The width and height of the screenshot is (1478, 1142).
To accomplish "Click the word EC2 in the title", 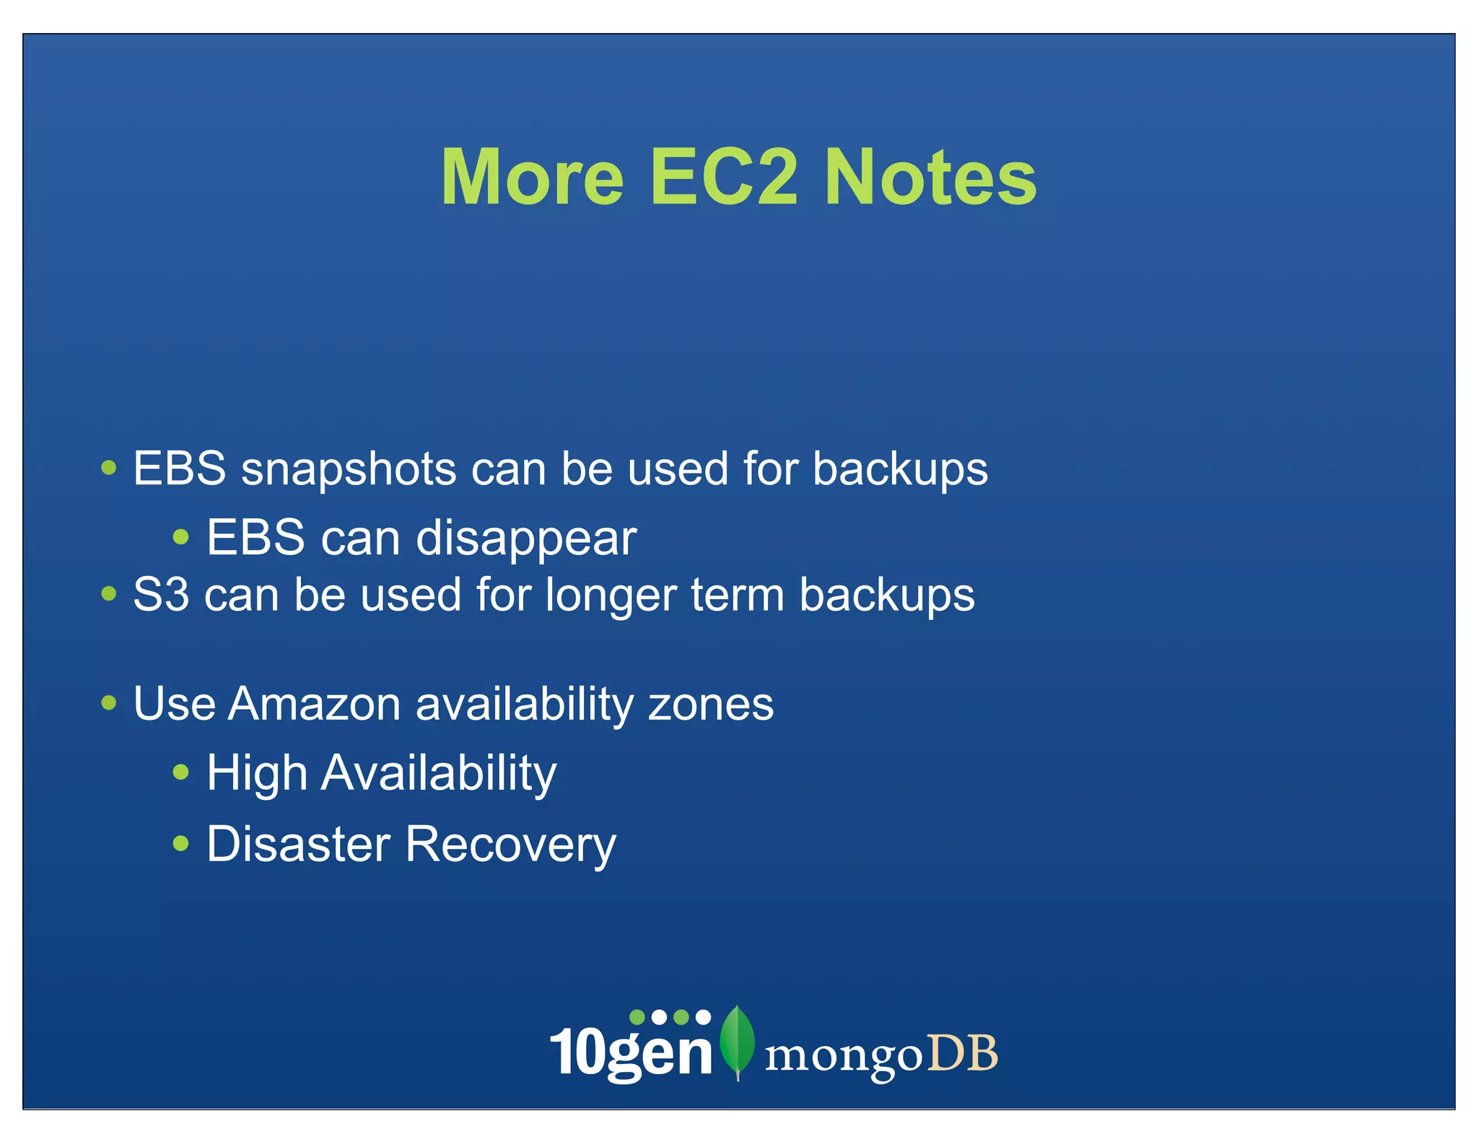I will point(724,178).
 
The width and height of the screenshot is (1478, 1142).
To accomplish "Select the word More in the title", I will point(532,178).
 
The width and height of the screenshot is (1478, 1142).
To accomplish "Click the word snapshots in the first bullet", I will point(349,470).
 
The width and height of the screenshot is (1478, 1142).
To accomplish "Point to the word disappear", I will point(526,539).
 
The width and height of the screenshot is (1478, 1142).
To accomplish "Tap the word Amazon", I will point(314,704).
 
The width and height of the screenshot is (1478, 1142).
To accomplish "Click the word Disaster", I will point(298,844).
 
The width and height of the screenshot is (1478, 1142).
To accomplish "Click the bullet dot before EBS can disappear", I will point(181,537).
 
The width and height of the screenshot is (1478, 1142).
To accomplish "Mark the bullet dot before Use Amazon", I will point(109,702).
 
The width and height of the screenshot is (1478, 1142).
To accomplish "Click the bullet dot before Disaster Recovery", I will point(181,843).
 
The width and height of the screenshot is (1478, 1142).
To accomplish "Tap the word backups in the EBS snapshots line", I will point(900,470).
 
